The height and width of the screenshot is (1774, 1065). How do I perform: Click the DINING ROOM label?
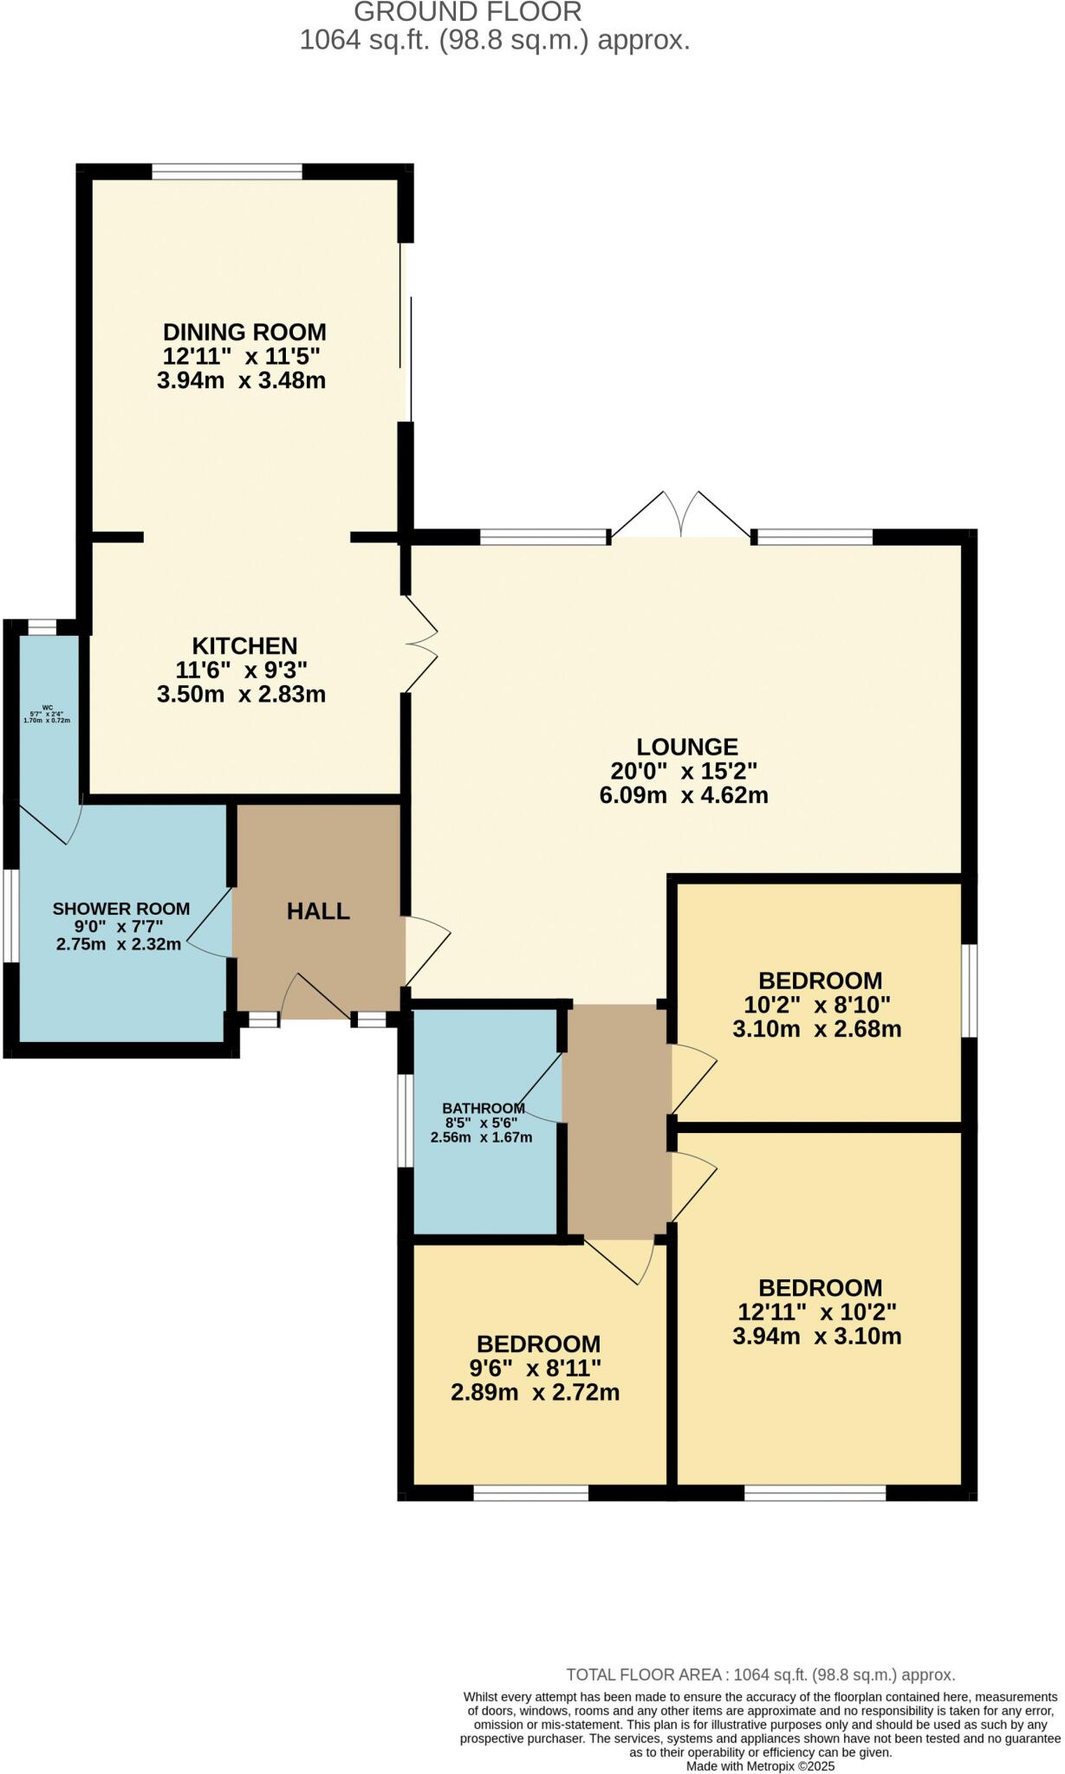pyautogui.click(x=244, y=332)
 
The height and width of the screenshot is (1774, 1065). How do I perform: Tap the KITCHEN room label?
pyautogui.click(x=244, y=645)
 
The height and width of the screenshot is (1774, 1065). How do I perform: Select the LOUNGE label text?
pyautogui.click(x=686, y=747)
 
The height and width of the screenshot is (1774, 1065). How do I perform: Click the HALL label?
pyautogui.click(x=318, y=911)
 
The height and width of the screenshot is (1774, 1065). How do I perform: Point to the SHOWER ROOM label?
pyautogui.click(x=120, y=909)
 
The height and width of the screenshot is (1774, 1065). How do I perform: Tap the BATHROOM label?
pyautogui.click(x=483, y=1108)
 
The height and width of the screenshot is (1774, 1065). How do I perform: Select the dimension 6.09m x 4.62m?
pyautogui.click(x=684, y=795)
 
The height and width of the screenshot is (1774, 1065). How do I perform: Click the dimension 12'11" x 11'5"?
pyautogui.click(x=241, y=356)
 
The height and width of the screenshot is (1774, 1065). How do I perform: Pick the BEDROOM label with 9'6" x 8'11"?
pyautogui.click(x=538, y=1344)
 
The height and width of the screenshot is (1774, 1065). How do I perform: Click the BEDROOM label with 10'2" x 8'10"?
pyautogui.click(x=820, y=981)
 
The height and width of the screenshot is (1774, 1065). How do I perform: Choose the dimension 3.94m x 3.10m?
pyautogui.click(x=816, y=1336)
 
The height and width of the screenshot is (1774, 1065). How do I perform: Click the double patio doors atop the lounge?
pyautogui.click(x=681, y=518)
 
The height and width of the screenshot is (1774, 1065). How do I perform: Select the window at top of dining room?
pyautogui.click(x=227, y=172)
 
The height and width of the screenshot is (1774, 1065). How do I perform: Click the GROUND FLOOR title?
pyautogui.click(x=467, y=12)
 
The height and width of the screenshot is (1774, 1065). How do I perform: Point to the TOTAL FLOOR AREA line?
pyautogui.click(x=760, y=1674)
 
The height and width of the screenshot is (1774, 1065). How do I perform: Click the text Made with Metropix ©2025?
pyautogui.click(x=760, y=1765)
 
